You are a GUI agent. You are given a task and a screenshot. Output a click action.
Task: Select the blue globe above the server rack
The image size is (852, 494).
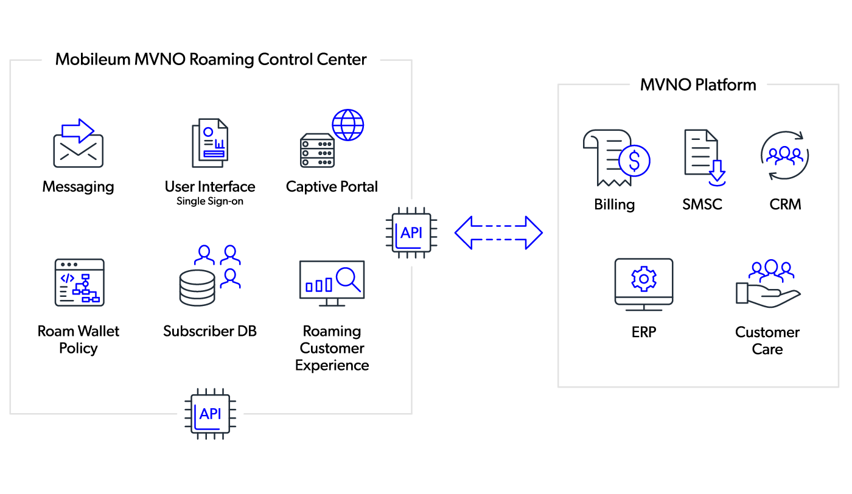tap(348, 125)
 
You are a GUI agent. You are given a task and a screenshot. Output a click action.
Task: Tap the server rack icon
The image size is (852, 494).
tap(317, 151)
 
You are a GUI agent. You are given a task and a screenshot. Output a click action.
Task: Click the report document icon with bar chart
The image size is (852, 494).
tap(211, 143)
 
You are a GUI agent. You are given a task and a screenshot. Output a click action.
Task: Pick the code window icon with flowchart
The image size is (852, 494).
tap(79, 282)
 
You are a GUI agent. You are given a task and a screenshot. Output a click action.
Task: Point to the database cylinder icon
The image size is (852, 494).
tap(197, 288)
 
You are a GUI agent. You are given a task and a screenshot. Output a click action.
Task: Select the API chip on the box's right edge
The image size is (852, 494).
tap(411, 232)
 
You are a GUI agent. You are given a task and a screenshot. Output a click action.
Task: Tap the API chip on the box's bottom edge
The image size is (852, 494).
tap(211, 414)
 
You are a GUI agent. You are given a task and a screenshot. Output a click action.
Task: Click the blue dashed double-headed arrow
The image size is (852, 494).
tap(498, 232)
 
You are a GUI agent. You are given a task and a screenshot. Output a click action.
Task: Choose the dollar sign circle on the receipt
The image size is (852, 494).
tap(634, 161)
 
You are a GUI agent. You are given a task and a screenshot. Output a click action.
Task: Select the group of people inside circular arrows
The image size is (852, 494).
tap(784, 155)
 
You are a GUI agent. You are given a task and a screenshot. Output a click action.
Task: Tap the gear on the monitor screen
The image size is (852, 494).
tap(643, 279)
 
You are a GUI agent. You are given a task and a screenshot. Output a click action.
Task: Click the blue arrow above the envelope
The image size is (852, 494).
tap(78, 130)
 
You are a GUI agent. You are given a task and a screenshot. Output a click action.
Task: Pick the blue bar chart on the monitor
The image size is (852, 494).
tap(319, 285)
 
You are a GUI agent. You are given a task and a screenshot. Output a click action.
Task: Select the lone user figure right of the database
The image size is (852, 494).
tap(230, 279)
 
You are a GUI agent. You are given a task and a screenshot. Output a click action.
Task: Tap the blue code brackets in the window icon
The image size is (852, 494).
tap(67, 277)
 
